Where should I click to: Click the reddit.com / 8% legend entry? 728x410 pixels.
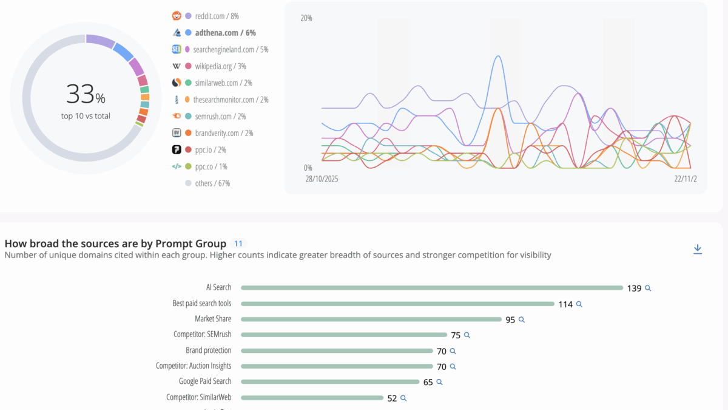click(x=217, y=16)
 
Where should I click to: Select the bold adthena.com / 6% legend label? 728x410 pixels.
click(x=225, y=33)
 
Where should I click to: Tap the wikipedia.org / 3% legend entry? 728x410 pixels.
click(x=220, y=66)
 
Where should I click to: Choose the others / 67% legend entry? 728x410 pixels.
click(x=212, y=183)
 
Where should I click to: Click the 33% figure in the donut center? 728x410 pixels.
click(x=86, y=95)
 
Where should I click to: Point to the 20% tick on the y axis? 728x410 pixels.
click(x=306, y=18)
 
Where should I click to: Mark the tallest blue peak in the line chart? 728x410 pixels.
click(x=498, y=56)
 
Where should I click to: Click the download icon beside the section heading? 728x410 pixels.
click(x=698, y=249)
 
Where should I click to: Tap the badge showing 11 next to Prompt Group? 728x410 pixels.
click(x=238, y=244)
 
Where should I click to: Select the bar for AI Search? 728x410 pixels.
click(x=431, y=288)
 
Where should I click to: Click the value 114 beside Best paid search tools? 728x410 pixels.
click(x=565, y=304)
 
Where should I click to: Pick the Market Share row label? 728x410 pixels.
click(x=213, y=319)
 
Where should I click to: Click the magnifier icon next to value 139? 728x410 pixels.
click(x=648, y=289)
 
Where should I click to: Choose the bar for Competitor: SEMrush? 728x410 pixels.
click(x=343, y=335)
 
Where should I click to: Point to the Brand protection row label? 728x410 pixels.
click(x=208, y=350)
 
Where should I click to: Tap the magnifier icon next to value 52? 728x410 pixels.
click(x=403, y=398)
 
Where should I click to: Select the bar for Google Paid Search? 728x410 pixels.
click(x=329, y=382)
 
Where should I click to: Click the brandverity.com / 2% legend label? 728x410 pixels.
click(x=224, y=133)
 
